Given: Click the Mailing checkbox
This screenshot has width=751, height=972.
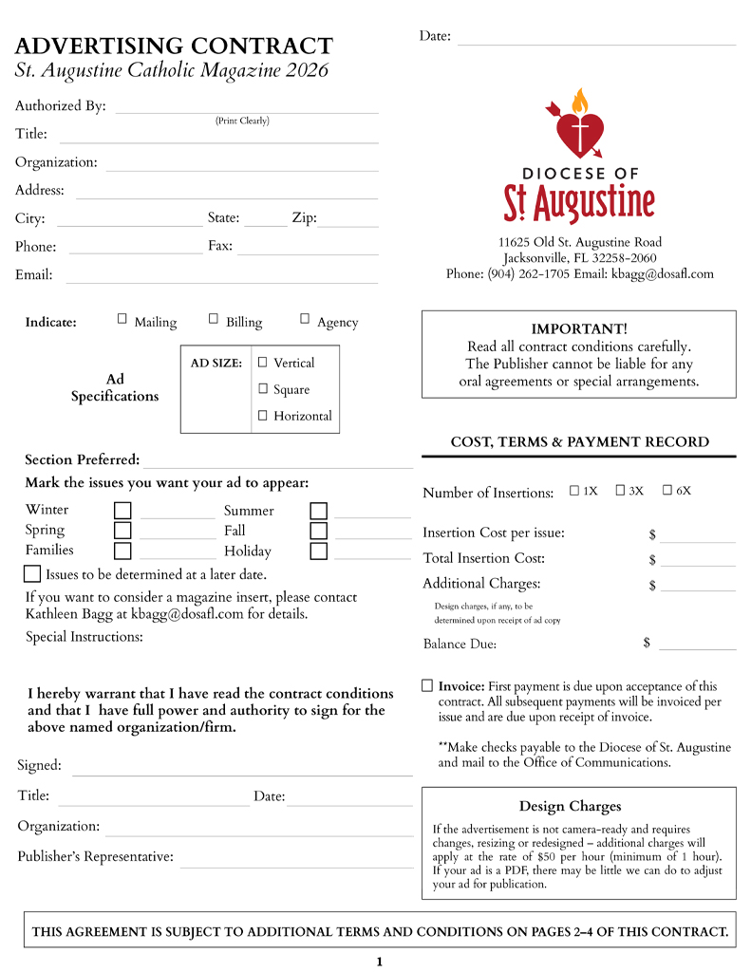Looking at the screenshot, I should (x=122, y=319).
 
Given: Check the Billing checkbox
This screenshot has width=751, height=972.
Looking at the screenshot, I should (x=214, y=319).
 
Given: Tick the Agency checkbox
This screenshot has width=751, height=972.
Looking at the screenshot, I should (x=305, y=319).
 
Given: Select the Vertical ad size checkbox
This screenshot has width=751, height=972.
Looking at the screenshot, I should (x=263, y=362).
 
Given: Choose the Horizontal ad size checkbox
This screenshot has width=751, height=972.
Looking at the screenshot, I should (x=263, y=415).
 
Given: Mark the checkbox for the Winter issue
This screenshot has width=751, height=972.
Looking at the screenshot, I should (x=122, y=511).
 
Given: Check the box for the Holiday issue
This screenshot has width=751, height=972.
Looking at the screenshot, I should (x=318, y=551).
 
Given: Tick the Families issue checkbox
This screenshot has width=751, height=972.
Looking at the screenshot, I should (x=122, y=551).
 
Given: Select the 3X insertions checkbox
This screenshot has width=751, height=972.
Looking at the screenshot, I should (x=620, y=491).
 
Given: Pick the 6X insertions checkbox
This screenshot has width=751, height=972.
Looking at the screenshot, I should (x=667, y=491).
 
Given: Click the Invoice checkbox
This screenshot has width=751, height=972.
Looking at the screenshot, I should (x=427, y=685).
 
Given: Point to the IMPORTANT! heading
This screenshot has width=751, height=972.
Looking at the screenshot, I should (x=578, y=328).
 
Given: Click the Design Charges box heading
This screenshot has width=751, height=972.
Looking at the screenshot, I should (x=570, y=807).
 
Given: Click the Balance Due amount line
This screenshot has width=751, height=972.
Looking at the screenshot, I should (x=697, y=645).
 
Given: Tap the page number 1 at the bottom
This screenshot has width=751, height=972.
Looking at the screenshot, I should (x=379, y=962).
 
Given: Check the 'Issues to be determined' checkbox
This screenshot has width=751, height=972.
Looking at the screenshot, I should (x=32, y=574).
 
